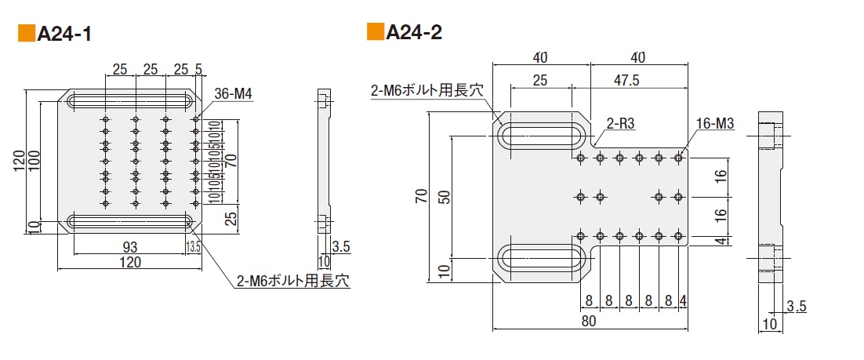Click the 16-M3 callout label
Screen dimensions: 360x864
pyautogui.click(x=713, y=124)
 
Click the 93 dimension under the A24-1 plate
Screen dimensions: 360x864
pyautogui.click(x=130, y=247)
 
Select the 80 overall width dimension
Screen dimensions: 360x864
pyautogui.click(x=590, y=321)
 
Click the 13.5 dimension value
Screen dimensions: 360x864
pyautogui.click(x=194, y=247)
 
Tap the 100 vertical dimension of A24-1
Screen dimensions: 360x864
pyautogui.click(x=33, y=158)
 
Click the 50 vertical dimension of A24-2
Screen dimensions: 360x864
pyautogui.click(x=445, y=196)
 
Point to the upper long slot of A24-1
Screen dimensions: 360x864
pyautogui.click(x=133, y=102)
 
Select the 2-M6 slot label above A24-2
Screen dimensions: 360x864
pyautogui.click(x=427, y=91)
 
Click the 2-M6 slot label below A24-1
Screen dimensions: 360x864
pyautogui.click(x=292, y=279)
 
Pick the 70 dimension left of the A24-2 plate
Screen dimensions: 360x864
pyautogui.click(x=421, y=196)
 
